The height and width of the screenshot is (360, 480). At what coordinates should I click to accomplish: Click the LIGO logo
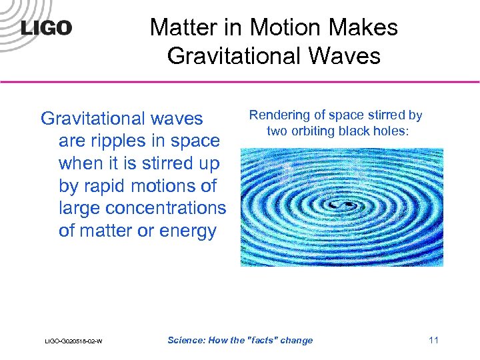46,29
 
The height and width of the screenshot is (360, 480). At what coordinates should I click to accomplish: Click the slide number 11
433,340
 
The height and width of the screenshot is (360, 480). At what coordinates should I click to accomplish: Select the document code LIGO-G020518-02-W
74,341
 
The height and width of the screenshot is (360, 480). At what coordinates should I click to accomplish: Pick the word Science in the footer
187,340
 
